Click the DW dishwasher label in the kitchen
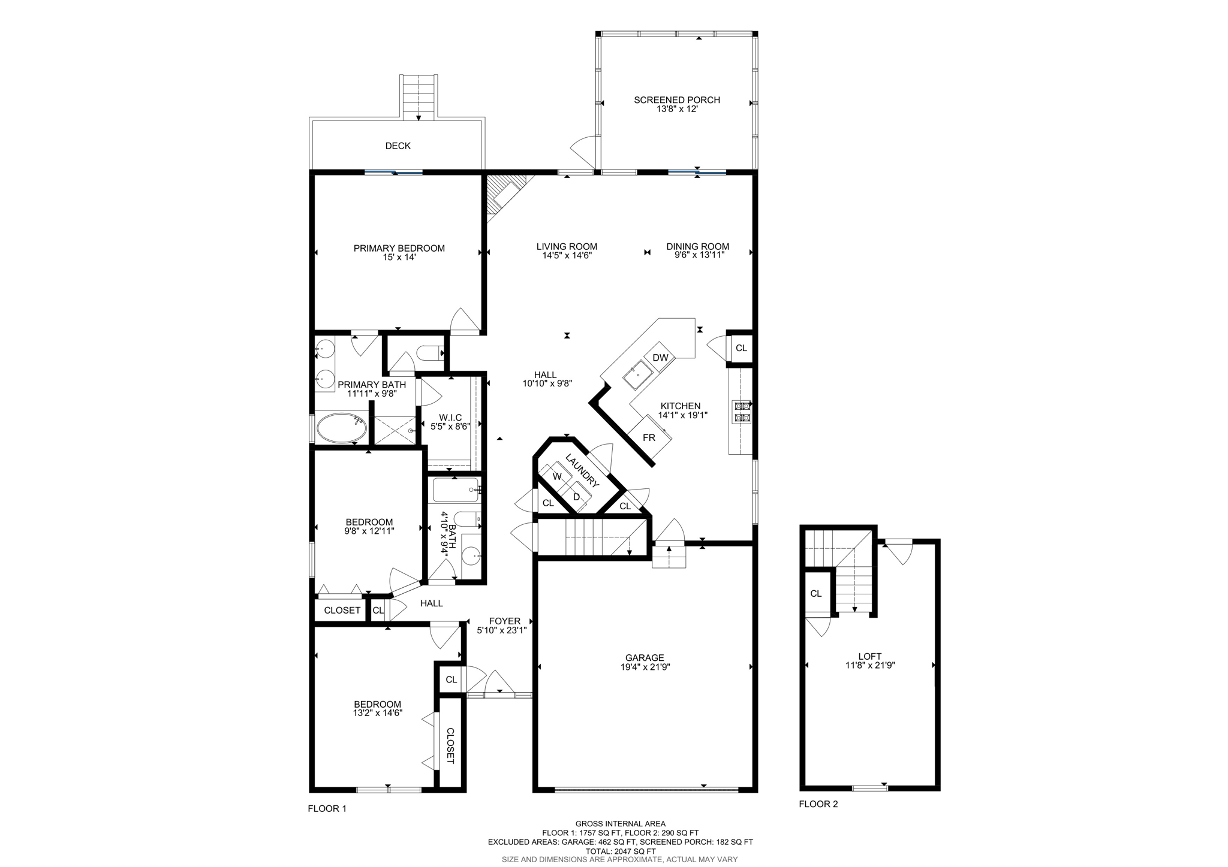click(660, 358)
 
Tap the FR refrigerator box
click(649, 438)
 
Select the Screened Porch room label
click(677, 100)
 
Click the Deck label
click(398, 146)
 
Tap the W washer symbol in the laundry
click(557, 476)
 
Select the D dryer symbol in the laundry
click(577, 497)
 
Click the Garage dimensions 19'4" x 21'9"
click(645, 666)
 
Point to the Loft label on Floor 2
click(870, 656)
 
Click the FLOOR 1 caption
click(327, 808)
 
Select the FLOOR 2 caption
click(818, 804)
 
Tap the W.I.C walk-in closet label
click(450, 418)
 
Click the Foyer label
click(504, 621)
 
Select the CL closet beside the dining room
click(741, 348)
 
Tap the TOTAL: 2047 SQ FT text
click(620, 851)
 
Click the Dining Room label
click(698, 246)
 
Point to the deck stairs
click(419, 97)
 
